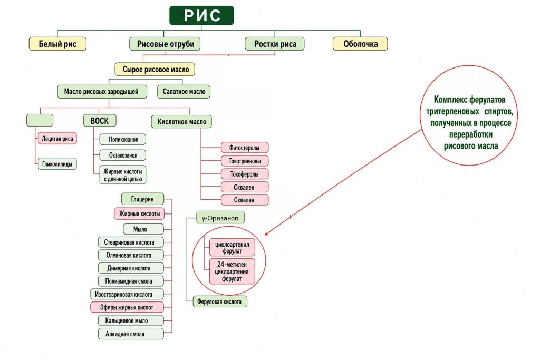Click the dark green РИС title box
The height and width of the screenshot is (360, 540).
click(x=201, y=15)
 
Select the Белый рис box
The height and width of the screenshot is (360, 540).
click(x=57, y=44)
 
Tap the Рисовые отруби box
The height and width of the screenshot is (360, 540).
click(x=165, y=44)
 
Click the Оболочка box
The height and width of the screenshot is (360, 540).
click(x=360, y=44)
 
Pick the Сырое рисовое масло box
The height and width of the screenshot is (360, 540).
click(x=155, y=69)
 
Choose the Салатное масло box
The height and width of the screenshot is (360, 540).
click(x=184, y=92)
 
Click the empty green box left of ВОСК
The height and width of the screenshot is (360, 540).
click(x=40, y=120)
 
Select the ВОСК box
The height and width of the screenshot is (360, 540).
click(x=100, y=121)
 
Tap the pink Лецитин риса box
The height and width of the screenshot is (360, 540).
click(x=57, y=138)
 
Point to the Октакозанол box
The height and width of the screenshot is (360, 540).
click(x=122, y=155)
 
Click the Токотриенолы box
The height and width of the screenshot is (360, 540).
click(x=245, y=161)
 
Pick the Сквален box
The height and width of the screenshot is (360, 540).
click(x=245, y=187)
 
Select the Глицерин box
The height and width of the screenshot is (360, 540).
click(x=142, y=199)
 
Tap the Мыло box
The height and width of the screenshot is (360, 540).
click(x=143, y=229)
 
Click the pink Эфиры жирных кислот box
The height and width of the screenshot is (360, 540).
click(x=127, y=307)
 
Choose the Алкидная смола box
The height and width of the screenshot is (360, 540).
click(x=131, y=334)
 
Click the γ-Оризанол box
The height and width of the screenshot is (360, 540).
click(x=220, y=218)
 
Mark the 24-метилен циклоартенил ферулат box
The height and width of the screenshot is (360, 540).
click(x=232, y=271)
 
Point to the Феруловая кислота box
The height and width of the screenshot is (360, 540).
click(x=220, y=301)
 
